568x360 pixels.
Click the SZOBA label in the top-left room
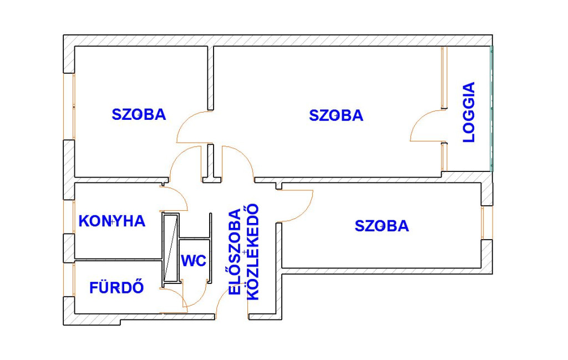click(139, 114)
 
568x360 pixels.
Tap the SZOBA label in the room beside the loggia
click(336, 115)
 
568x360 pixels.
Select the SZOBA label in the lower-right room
click(382, 226)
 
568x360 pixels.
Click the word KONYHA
click(112, 221)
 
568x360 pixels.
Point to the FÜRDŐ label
click(116, 287)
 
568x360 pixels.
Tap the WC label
click(194, 261)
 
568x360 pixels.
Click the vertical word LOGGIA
click(469, 112)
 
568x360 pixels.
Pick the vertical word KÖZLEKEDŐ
click(253, 252)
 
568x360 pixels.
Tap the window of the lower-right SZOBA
click(487, 222)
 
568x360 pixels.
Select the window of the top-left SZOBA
click(69, 107)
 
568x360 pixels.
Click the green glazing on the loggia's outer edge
click(491, 108)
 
